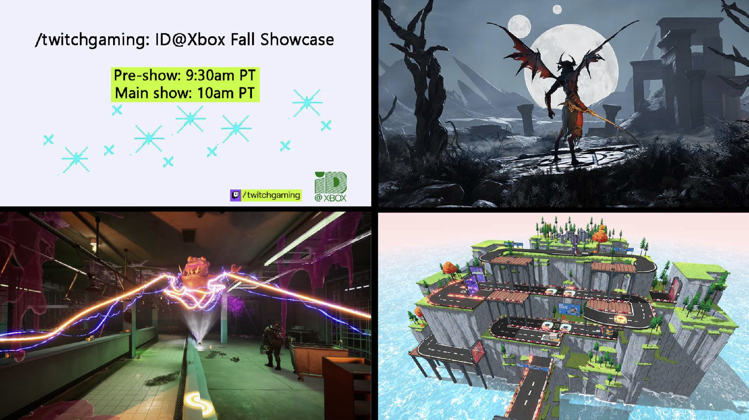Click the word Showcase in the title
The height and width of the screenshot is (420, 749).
[x=297, y=39]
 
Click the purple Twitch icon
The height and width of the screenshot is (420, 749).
[x=236, y=195]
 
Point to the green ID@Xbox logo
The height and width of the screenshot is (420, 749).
[x=331, y=186]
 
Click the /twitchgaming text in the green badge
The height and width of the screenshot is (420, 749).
[x=272, y=195]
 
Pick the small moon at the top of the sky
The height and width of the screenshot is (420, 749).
[x=557, y=9]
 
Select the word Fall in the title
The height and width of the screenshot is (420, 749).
[x=244, y=39]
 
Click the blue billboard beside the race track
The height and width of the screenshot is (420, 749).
[x=569, y=309]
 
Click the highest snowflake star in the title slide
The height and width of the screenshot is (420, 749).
[x=307, y=102]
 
